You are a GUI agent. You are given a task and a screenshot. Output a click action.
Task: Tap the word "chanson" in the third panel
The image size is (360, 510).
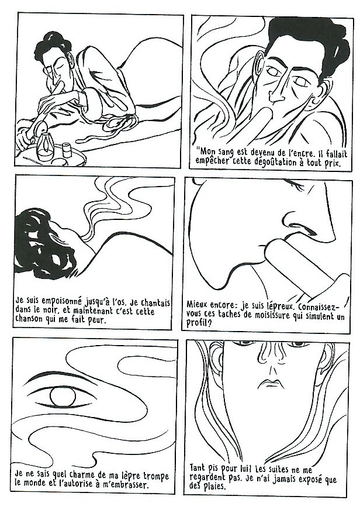point(29,319)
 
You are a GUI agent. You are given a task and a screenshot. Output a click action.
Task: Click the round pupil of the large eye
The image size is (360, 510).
point(63,397)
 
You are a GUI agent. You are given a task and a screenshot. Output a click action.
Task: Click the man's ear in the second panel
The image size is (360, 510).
point(259,71)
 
